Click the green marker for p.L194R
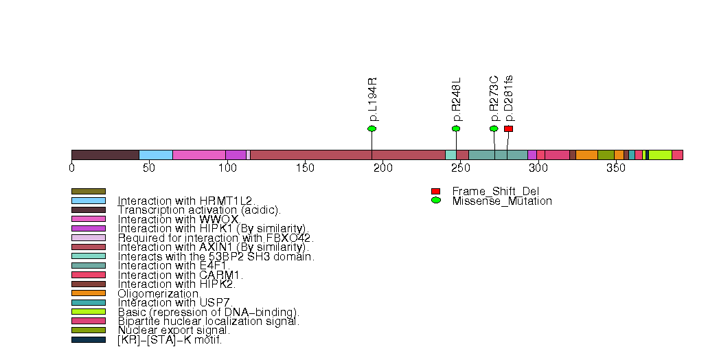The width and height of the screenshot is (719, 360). click(x=372, y=128)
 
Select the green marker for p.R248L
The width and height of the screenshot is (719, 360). click(x=456, y=128)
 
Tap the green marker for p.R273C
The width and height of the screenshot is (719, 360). click(x=494, y=128)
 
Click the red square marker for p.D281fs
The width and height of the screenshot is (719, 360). click(x=508, y=128)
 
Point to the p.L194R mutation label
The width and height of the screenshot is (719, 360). click(x=372, y=100)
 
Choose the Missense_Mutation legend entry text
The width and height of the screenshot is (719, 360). click(x=501, y=201)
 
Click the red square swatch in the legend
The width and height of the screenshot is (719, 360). click(x=435, y=191)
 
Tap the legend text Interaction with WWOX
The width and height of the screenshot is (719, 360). click(x=178, y=219)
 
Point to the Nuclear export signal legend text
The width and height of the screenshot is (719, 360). click(x=174, y=330)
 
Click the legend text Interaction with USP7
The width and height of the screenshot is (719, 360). click(x=175, y=302)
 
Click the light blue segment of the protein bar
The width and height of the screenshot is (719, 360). click(x=156, y=155)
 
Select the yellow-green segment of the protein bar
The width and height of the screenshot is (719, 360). click(x=660, y=155)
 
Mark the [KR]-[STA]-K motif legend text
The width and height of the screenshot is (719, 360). click(x=170, y=339)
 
